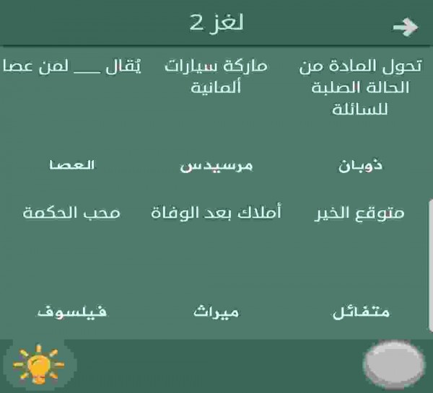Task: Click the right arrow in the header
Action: (406, 27)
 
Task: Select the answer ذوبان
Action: (360, 166)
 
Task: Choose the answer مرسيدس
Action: (216, 167)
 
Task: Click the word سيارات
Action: (193, 68)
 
